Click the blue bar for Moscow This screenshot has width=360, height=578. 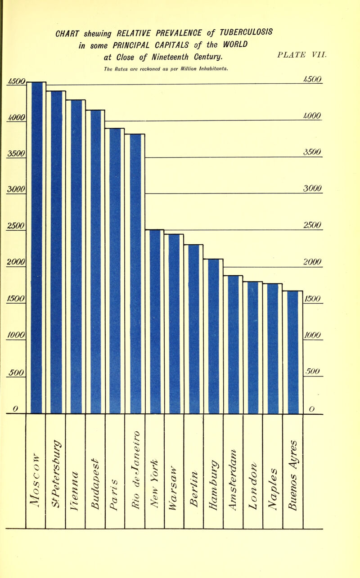click(36, 247)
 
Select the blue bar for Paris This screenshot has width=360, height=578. click(115, 270)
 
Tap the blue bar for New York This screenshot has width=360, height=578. click(155, 321)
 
